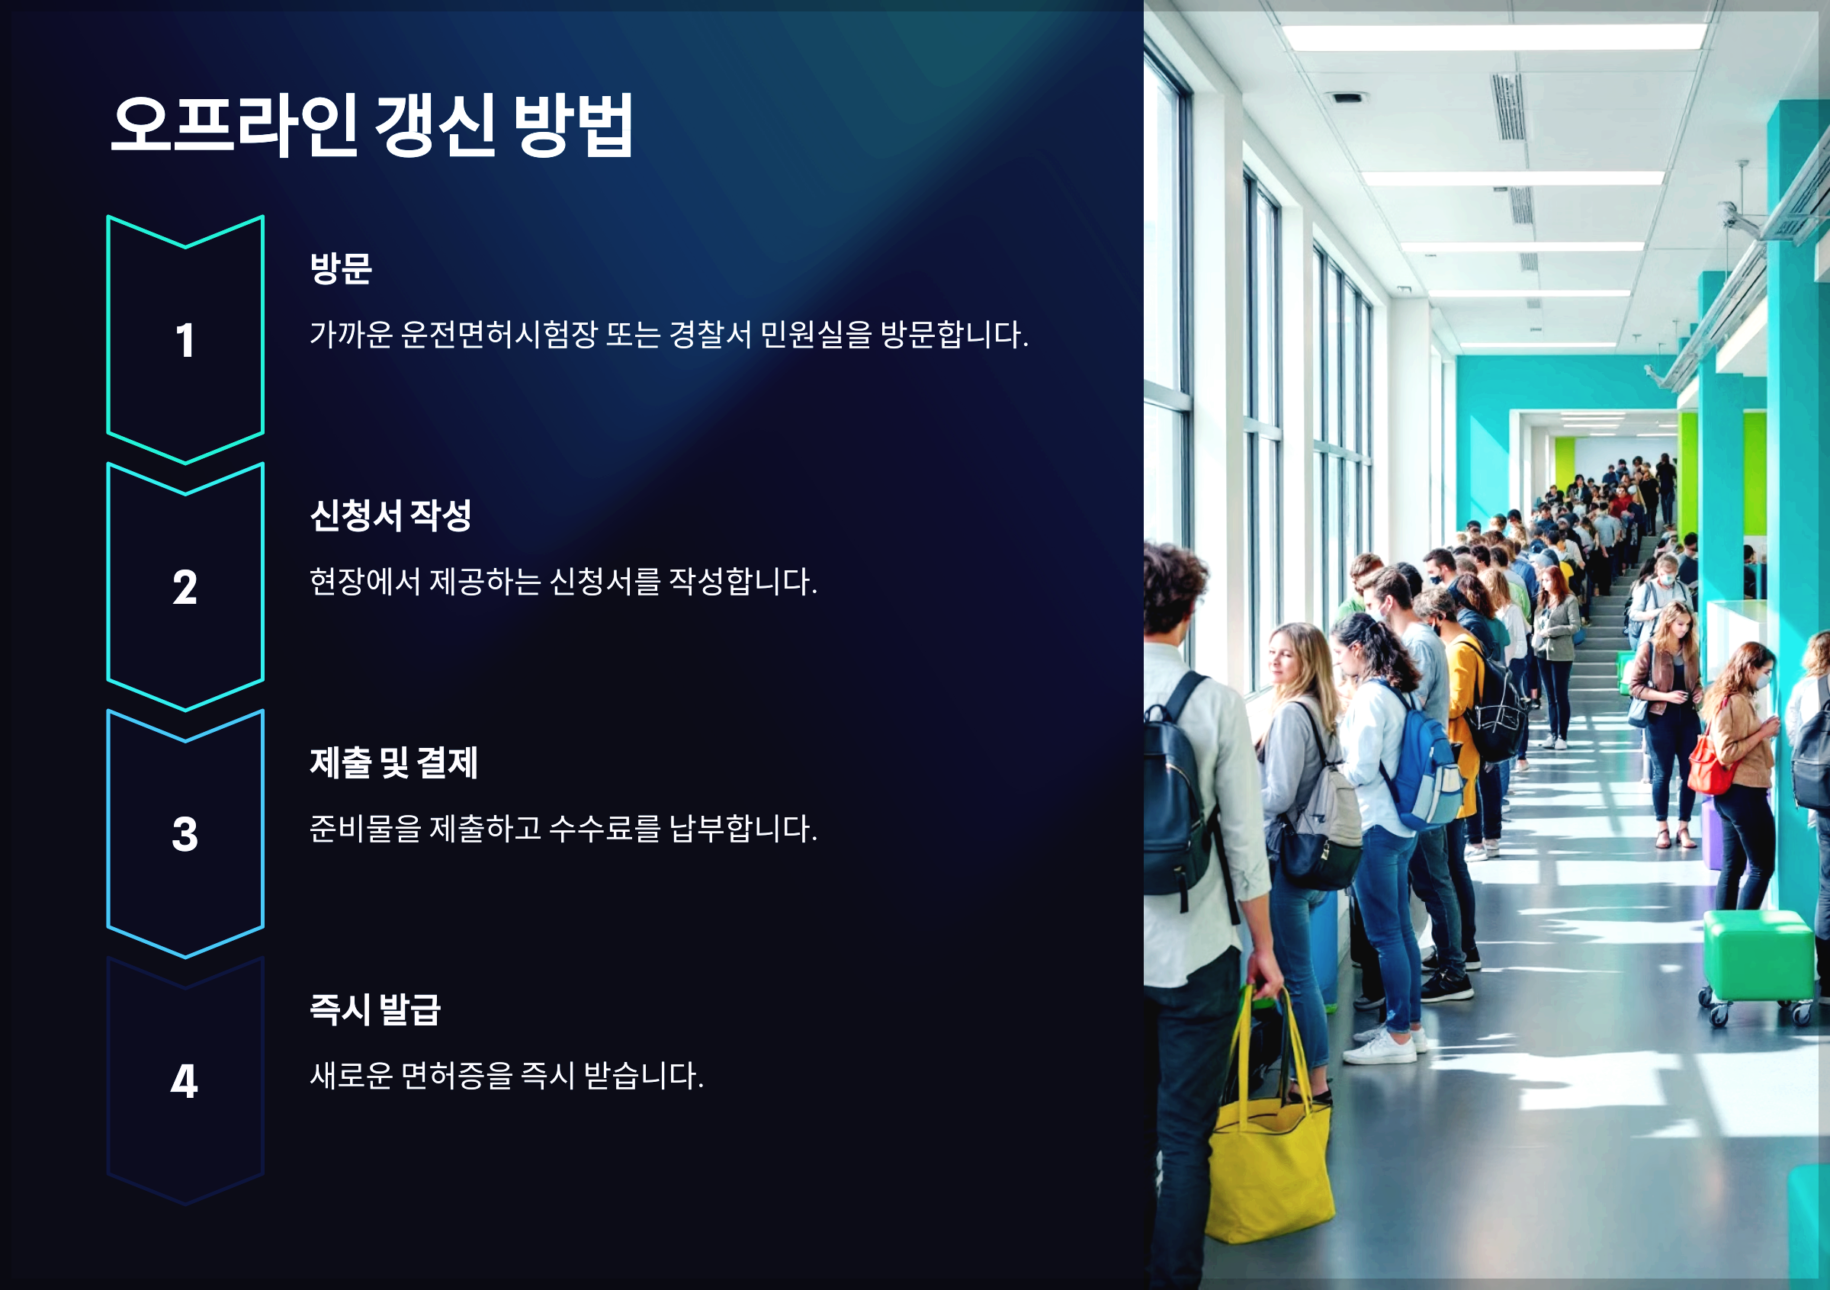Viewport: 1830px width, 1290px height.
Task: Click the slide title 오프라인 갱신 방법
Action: [371, 125]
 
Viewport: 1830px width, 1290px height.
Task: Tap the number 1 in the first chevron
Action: [185, 340]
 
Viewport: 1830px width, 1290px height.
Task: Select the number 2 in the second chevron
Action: [185, 587]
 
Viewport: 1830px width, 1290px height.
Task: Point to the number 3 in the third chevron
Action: [185, 834]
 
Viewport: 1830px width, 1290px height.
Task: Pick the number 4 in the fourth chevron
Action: [185, 1081]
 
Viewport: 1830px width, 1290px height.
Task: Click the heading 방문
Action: [340, 268]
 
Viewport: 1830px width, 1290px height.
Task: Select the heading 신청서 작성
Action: [390, 515]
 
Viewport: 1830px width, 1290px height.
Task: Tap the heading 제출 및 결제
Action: [393, 762]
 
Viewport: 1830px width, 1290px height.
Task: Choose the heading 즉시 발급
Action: [374, 1009]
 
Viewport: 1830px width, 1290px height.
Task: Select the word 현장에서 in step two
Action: [364, 582]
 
